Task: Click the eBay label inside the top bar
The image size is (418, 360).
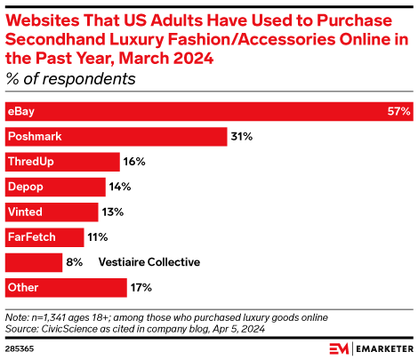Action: click(20, 112)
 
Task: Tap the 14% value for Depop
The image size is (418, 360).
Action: click(120, 188)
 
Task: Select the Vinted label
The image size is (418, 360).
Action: click(24, 212)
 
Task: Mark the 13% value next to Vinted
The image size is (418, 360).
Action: click(113, 212)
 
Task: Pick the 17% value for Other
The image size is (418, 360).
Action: click(141, 287)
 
